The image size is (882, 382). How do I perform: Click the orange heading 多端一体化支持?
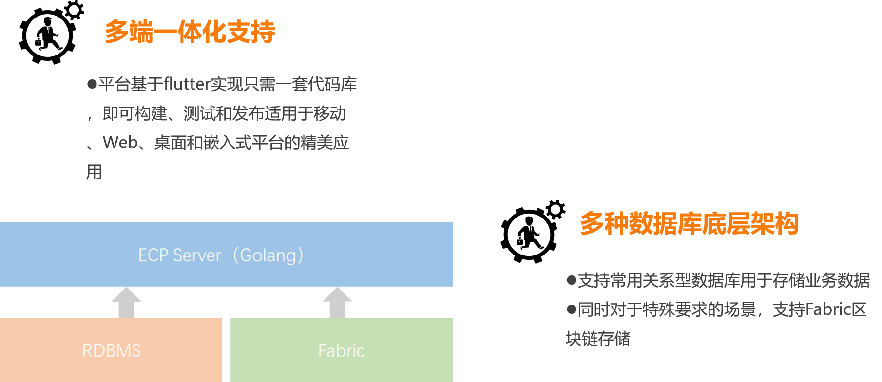[190, 32]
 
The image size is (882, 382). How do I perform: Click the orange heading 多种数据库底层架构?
[689, 224]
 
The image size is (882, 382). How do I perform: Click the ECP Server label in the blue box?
[179, 255]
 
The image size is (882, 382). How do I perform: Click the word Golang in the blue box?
[268, 255]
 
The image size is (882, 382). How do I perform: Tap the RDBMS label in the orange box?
[111, 351]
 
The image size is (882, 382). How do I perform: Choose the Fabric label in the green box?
[341, 351]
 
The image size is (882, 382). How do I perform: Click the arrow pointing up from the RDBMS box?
[126, 302]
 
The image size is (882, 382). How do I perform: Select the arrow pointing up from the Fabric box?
[337, 302]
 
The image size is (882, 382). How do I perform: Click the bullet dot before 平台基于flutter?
[92, 84]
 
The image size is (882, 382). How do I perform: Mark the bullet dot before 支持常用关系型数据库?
[571, 280]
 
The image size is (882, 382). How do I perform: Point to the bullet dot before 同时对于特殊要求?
[571, 309]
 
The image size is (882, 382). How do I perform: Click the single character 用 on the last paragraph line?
[94, 172]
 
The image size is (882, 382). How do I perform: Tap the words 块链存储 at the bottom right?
[598, 339]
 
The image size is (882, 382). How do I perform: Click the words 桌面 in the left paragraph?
[170, 143]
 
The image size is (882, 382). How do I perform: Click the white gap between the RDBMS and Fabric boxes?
[226, 350]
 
